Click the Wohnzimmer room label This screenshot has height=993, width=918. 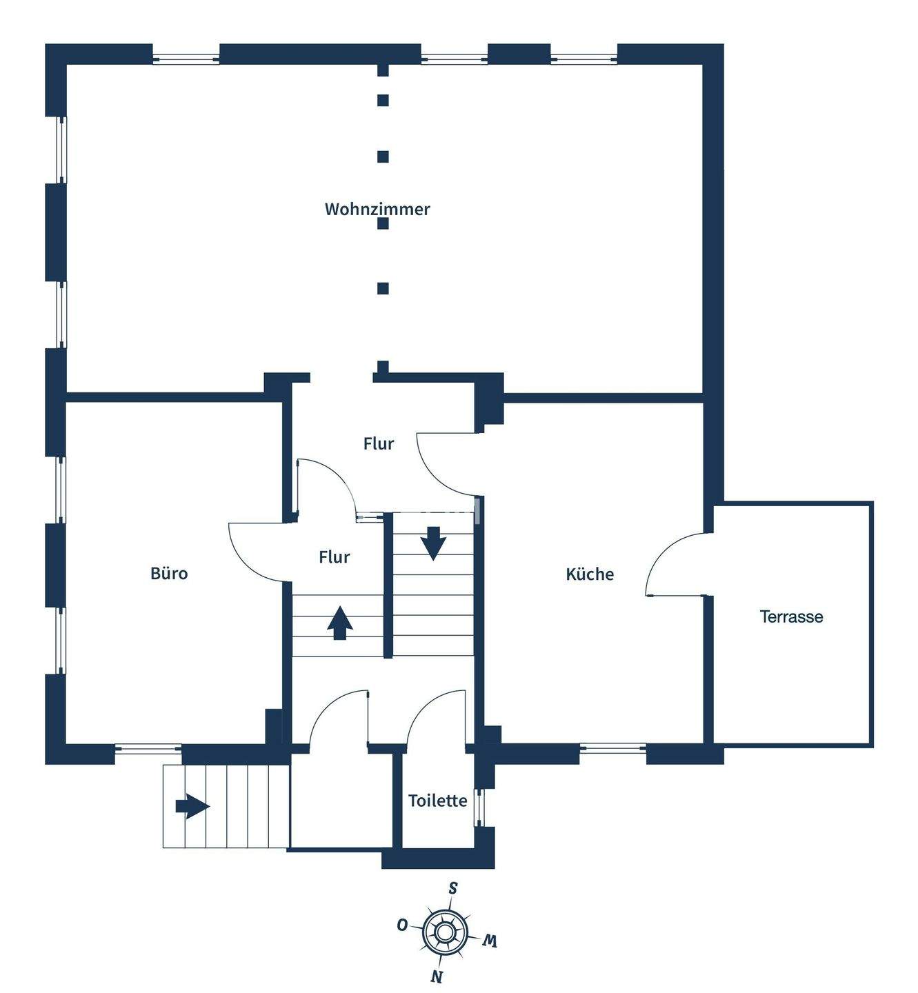click(377, 209)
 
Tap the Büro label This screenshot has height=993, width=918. click(169, 573)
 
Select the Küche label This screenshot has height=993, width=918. click(590, 574)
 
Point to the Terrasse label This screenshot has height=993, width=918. click(791, 616)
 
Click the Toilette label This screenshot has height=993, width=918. click(437, 801)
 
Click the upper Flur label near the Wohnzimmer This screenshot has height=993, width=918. click(379, 443)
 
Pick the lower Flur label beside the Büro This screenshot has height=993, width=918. click(335, 556)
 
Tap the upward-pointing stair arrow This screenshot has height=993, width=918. click(339, 623)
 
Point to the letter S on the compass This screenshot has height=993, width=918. click(453, 887)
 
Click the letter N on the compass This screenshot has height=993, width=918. click(436, 976)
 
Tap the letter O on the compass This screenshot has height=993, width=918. click(401, 925)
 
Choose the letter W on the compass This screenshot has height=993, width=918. click(490, 940)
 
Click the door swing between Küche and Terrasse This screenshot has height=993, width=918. click(672, 562)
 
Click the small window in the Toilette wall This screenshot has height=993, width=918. click(480, 808)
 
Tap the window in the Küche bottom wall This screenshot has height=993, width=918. click(612, 747)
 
